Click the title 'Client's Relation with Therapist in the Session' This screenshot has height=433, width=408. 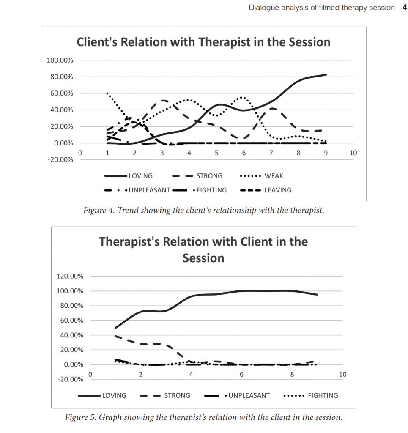203,42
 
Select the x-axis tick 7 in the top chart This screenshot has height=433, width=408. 271,153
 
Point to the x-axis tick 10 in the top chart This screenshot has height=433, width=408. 353,153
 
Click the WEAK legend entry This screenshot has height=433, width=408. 274,176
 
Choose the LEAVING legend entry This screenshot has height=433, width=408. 278,190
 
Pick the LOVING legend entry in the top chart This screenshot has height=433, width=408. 141,176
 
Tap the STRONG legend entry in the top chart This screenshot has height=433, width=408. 209,176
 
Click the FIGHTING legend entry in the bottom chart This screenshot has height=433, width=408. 323,396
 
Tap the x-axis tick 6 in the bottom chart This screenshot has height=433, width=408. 241,375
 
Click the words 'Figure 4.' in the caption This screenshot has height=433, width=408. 99,211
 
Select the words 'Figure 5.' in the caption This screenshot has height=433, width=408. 80,418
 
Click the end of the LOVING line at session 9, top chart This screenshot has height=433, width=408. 326,74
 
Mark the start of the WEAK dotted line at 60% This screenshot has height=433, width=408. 107,93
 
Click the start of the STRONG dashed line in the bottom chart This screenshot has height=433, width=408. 115,336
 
